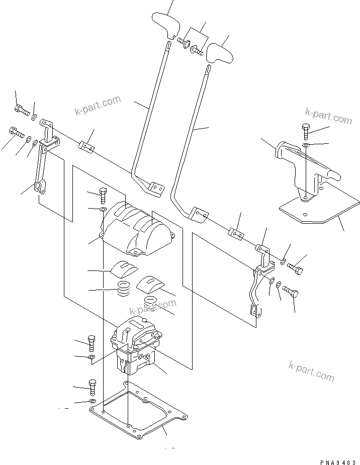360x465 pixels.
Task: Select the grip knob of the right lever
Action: click(219, 52)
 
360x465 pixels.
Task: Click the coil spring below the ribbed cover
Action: click(123, 290)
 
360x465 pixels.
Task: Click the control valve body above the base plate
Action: click(136, 347)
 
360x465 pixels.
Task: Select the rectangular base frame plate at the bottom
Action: click(138, 410)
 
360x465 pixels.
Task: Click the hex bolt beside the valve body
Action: click(92, 343)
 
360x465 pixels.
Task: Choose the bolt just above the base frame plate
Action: click(92, 387)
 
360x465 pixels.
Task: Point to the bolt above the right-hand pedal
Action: click(307, 130)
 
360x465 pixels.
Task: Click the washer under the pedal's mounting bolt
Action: click(306, 145)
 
